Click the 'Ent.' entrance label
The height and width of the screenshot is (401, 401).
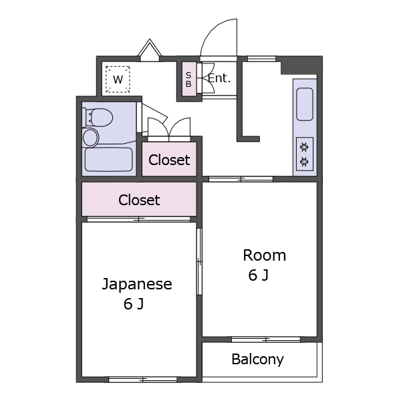coord(219,78)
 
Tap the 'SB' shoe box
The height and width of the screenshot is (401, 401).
coord(188,80)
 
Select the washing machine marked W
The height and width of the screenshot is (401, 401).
coord(118,80)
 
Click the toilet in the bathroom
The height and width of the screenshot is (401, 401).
coord(97,118)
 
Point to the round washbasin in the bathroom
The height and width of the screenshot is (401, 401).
coord(90,138)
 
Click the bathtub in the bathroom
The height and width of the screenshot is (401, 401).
coord(109,160)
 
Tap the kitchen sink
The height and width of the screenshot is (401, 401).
coord(304,104)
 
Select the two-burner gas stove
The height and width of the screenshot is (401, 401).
coord(304,154)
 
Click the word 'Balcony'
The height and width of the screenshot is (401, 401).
coord(257,360)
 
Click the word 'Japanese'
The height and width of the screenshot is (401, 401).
coord(137,284)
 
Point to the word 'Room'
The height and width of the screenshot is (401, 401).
coord(264,255)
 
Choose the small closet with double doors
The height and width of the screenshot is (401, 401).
coord(169,160)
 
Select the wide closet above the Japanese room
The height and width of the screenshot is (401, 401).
coord(139,200)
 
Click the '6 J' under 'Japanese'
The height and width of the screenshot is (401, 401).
coord(134,305)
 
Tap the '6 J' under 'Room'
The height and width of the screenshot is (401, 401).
coord(258,275)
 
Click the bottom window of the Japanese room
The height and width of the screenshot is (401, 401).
coord(142,380)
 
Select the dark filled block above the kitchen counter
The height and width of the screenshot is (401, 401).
coord(298,65)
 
